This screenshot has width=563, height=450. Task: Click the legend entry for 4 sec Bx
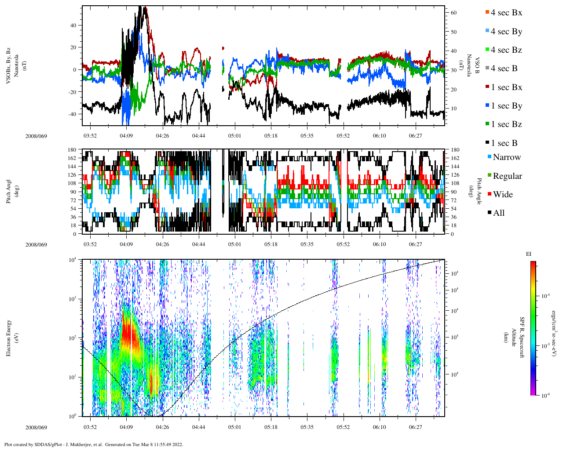click(506, 13)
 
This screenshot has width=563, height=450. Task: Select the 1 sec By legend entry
click(506, 106)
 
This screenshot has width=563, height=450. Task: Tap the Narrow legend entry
click(506, 157)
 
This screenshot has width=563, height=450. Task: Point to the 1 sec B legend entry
click(504, 143)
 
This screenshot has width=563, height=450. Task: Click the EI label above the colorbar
click(529, 254)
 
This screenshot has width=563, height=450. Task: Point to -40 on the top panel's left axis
click(73, 114)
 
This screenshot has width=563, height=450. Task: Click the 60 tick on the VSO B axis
click(453, 13)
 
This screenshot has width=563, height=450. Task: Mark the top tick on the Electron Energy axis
click(73, 260)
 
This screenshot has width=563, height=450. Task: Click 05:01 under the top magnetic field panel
click(234, 136)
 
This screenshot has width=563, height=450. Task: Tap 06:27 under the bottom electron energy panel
click(416, 427)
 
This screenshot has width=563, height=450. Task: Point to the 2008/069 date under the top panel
click(36, 136)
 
